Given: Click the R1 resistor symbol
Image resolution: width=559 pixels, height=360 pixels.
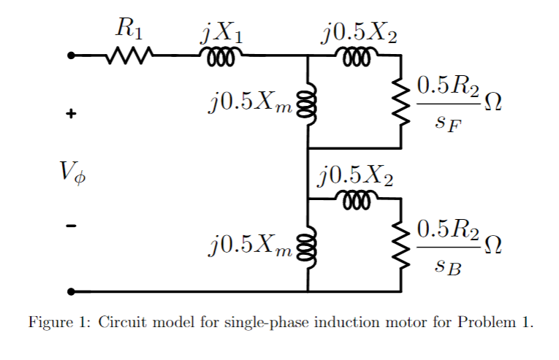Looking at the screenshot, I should click(x=129, y=55).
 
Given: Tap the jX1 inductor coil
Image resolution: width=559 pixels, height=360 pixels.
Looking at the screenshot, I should click(x=218, y=56).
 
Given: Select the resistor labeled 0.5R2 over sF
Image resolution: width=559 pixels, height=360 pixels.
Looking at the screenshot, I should click(x=400, y=103).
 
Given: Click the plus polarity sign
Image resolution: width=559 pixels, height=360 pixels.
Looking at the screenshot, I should click(x=71, y=115).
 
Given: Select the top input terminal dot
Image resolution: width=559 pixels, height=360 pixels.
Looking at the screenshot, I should click(x=71, y=55).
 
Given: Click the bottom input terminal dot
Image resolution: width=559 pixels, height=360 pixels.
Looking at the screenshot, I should click(x=71, y=291).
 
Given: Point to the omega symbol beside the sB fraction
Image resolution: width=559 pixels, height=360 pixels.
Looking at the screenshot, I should click(x=494, y=242).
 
